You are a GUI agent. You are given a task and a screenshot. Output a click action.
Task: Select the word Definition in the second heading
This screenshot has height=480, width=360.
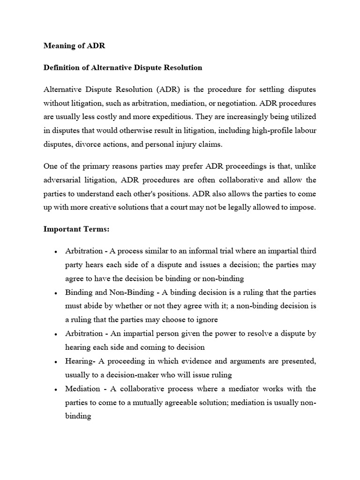[x=62, y=67]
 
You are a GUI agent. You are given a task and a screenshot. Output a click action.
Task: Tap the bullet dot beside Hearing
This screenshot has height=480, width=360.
[x=56, y=362]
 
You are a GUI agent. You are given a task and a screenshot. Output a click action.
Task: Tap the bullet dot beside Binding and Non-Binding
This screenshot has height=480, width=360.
[x=56, y=293]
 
